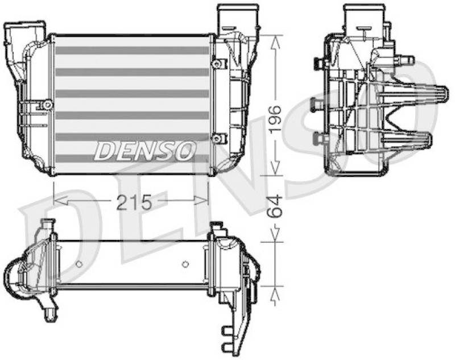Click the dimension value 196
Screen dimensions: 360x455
coord(275,119)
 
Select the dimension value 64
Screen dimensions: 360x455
coord(275,205)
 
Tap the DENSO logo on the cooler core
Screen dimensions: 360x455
coord(145,150)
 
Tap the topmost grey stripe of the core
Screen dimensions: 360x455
coord(132,51)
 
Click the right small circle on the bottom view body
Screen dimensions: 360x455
coord(185,263)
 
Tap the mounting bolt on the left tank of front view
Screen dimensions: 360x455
coord(45,105)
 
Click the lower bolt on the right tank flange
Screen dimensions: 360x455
coord(216,138)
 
